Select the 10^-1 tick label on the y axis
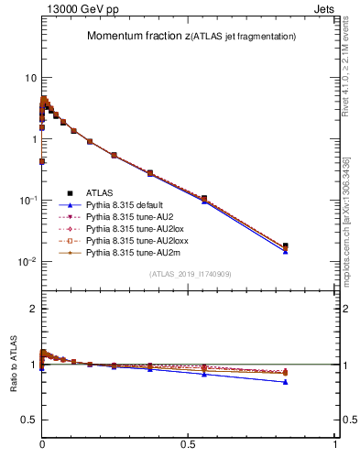point(27,200)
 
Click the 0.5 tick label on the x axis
point(189,444)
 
